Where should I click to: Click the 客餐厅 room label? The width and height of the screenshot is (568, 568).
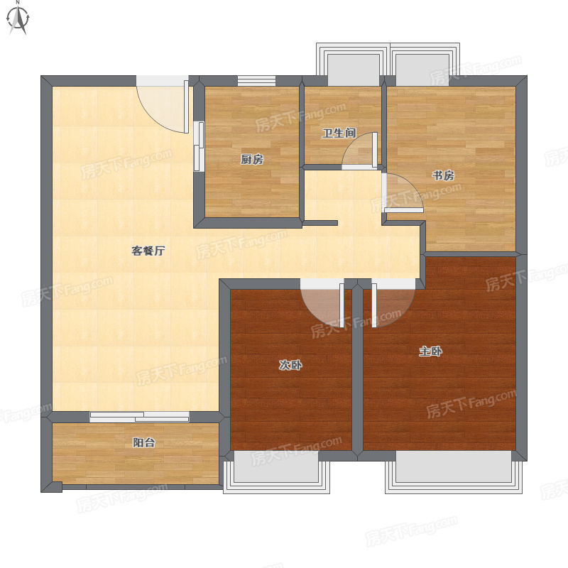coord(148,251)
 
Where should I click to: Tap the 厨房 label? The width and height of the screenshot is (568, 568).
coord(252,159)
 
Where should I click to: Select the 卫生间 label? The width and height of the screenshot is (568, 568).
coord(339,133)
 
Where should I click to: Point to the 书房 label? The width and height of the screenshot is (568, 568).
coord(443,175)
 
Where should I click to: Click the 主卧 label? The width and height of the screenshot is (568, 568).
coord(430,351)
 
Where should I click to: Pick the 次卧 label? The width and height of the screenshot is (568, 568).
coord(290,365)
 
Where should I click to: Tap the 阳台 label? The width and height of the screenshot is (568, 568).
coord(144,442)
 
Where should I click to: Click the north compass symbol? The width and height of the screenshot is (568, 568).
coord(18,18)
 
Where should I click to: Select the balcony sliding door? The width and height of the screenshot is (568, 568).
coord(139,417)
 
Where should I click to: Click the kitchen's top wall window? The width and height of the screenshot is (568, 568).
coord(256,81)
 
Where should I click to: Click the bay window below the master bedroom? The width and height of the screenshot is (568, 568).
coord(454,472)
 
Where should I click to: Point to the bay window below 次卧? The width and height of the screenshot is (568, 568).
coord(276,472)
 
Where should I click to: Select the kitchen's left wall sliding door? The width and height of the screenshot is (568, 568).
coord(199,146)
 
